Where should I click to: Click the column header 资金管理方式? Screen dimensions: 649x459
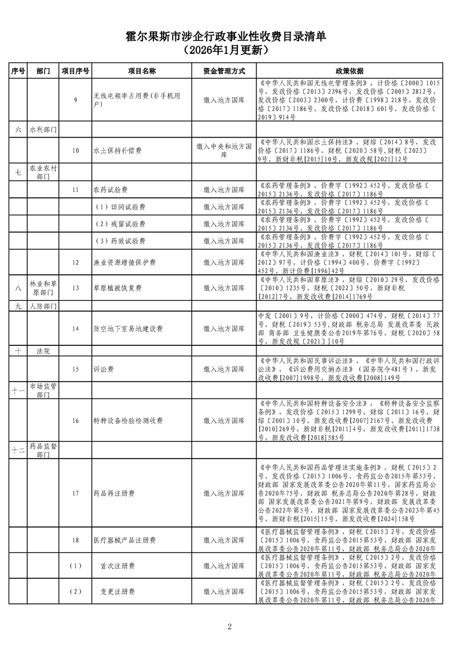pos(223,71)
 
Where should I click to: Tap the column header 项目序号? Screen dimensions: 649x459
pos(75,71)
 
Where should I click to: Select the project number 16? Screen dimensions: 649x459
pos(75,421)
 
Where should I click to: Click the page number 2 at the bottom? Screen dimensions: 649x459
pos(229,626)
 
